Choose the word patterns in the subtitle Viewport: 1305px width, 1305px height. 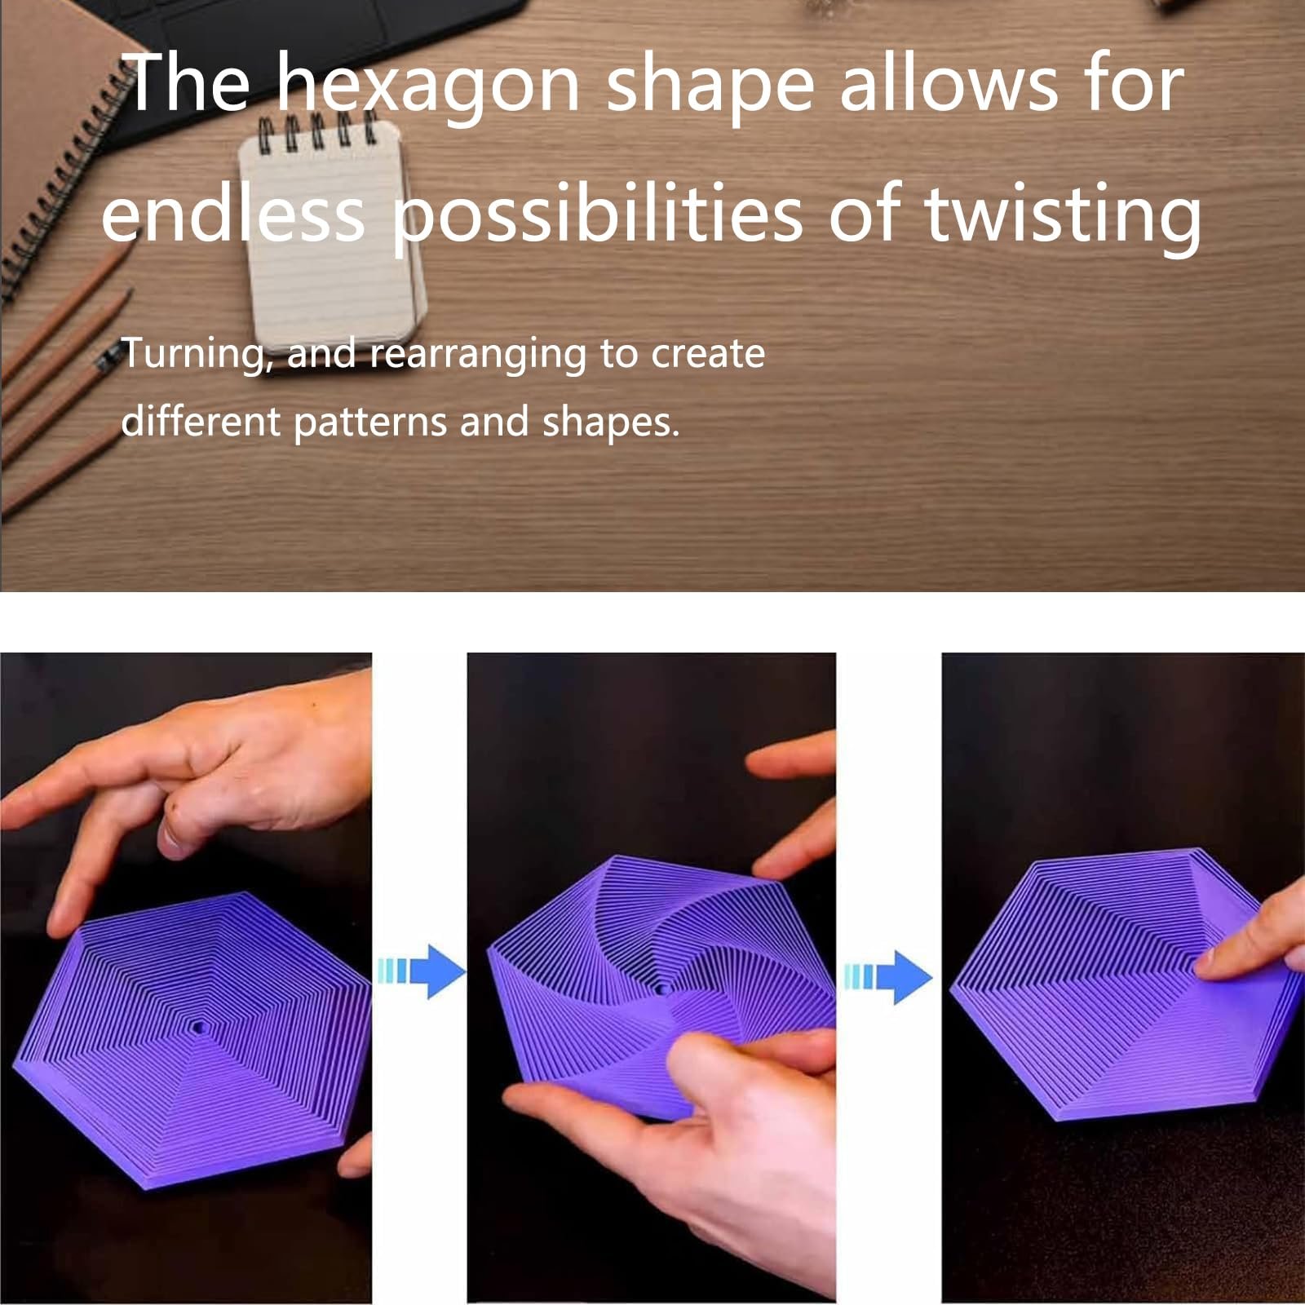(370, 422)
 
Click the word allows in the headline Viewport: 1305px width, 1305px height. (949, 84)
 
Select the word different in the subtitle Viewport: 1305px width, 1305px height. (201, 422)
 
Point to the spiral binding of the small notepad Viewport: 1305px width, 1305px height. (316, 128)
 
